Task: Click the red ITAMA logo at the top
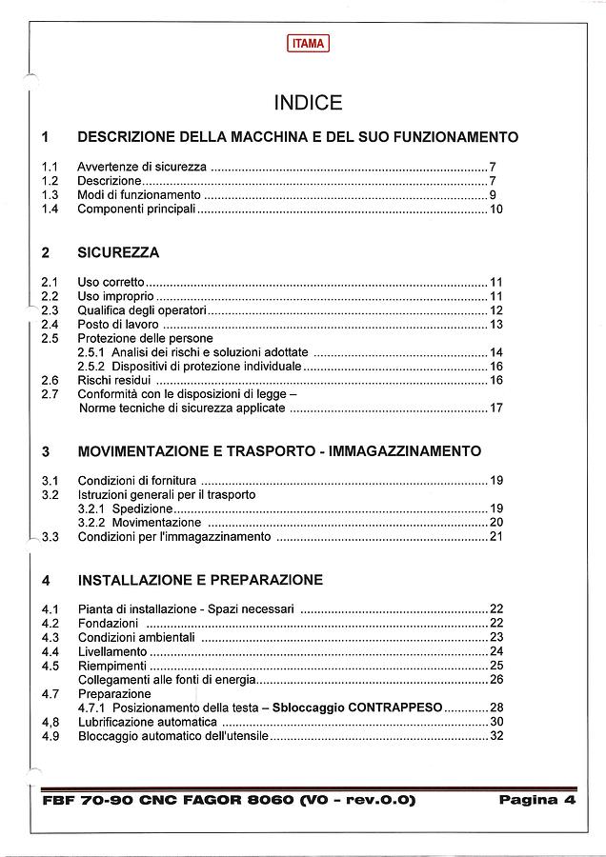click(x=308, y=43)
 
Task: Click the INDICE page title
click(x=308, y=103)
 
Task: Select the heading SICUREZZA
click(x=118, y=253)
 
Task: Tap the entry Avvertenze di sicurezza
click(x=142, y=166)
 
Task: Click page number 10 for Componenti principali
click(x=495, y=209)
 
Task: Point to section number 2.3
click(x=50, y=310)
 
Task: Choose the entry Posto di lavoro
click(x=119, y=325)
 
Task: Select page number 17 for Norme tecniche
click(x=495, y=409)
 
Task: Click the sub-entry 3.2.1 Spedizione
click(x=125, y=508)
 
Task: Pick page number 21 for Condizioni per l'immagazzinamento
click(x=495, y=537)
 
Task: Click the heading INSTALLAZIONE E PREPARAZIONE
click(x=200, y=579)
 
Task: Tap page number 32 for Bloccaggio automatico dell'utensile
click(x=495, y=736)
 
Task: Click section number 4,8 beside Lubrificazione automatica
click(x=50, y=723)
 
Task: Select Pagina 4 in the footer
click(x=537, y=800)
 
